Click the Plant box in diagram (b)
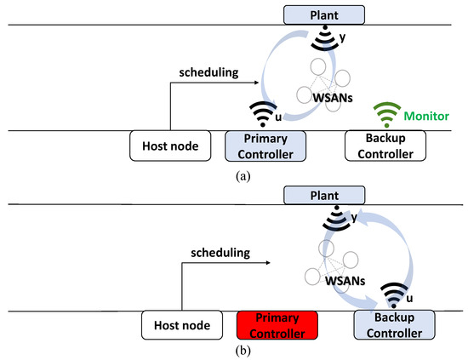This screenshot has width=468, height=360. click(x=328, y=197)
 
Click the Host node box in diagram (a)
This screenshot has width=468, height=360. click(x=169, y=146)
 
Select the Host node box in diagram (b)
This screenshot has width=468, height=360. click(x=180, y=325)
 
